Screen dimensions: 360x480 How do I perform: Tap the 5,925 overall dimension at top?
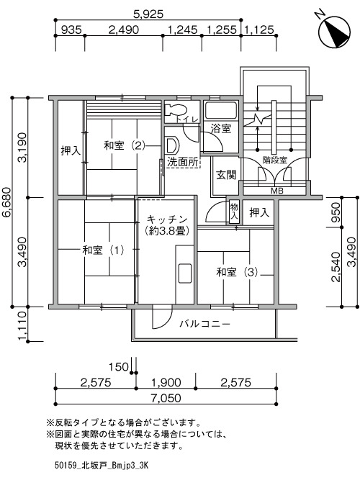(148, 14)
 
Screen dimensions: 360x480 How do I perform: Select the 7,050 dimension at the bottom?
(166, 398)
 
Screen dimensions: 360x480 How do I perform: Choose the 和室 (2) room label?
(124, 145)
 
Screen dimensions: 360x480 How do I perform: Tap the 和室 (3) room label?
(237, 272)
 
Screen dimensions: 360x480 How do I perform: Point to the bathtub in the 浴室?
(220, 111)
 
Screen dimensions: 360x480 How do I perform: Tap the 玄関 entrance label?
(226, 175)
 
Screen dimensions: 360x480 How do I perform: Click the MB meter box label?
(277, 191)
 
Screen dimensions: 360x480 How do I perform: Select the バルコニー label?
(204, 324)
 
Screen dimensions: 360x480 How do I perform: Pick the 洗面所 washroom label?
(183, 162)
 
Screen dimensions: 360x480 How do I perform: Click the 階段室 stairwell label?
(275, 160)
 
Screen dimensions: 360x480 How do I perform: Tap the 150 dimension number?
(119, 366)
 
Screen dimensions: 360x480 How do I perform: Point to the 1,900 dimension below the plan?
(166, 382)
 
